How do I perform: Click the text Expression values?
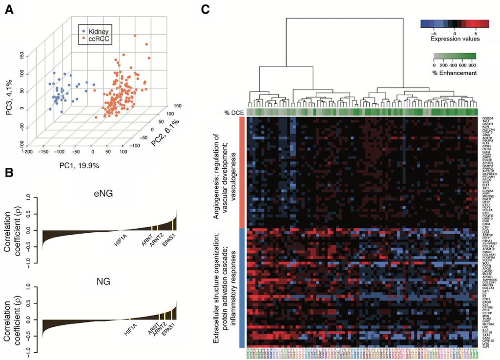point(455,38)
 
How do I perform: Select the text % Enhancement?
point(455,73)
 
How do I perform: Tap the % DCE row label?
point(234,113)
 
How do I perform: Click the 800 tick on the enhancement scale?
point(473,64)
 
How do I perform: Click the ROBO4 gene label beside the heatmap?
point(487,118)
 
